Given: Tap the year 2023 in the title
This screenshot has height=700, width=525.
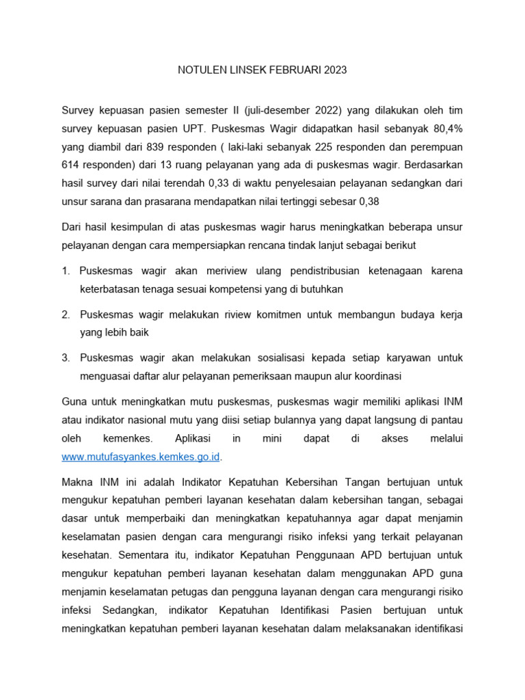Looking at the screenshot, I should tap(335, 70).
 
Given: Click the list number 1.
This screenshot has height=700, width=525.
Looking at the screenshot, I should tap(66, 271).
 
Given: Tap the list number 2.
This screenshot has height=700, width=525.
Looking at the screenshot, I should tap(66, 314).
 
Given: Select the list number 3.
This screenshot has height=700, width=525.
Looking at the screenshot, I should tap(66, 358).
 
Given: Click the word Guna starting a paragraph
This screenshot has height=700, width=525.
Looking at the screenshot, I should tap(74, 401).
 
